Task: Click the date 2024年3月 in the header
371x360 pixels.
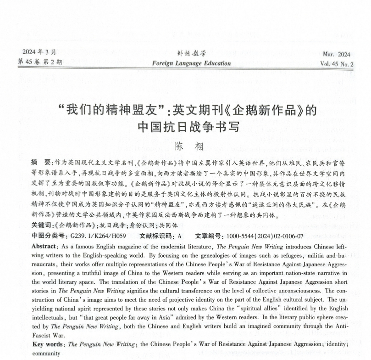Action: [37, 51]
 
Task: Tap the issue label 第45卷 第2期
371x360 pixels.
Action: [39, 62]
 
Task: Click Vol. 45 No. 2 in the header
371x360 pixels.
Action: [337, 64]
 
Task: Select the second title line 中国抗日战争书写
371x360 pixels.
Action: [188, 127]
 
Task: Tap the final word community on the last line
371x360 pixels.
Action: [47, 354]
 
